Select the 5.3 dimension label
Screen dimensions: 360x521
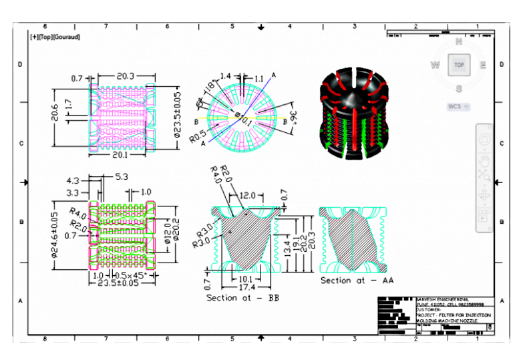[x=122, y=178]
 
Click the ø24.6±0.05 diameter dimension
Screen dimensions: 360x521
[x=56, y=236]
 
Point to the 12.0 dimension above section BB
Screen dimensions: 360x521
[x=247, y=196]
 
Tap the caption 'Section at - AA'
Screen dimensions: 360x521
[x=357, y=281]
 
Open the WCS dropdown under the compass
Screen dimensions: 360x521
[x=458, y=106]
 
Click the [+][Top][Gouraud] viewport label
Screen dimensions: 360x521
[x=55, y=37]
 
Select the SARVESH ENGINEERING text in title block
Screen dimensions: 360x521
[x=442, y=299]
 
